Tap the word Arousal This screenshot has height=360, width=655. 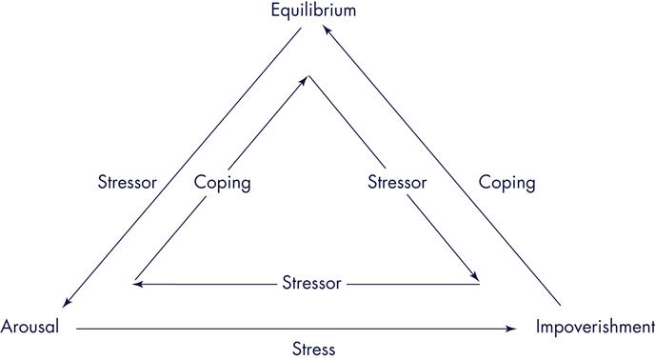coord(30,327)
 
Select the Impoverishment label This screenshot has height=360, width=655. coord(594,327)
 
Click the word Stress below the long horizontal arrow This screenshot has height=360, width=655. coord(313,349)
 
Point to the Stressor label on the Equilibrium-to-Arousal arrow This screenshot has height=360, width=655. coord(127,181)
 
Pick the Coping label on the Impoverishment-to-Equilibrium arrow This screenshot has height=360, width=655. coord(506,181)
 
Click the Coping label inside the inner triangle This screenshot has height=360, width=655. coord(222,182)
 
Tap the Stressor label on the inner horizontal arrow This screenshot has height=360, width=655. coord(312,283)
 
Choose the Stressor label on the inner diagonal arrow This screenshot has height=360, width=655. coord(397,182)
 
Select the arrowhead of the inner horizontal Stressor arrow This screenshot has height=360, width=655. coord(138,283)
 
